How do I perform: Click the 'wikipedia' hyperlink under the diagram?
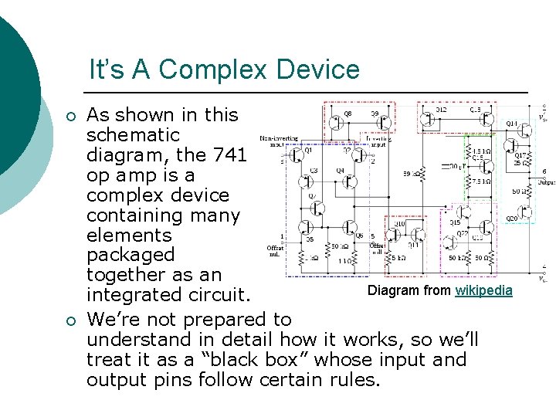click(483, 290)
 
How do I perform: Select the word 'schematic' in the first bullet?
click(133, 134)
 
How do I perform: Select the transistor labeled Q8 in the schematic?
click(337, 121)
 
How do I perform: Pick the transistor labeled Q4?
click(349, 181)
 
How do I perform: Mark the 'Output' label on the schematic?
click(545, 183)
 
